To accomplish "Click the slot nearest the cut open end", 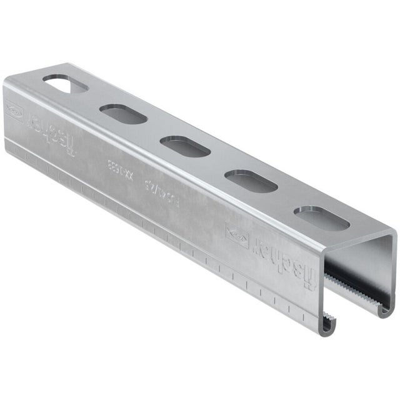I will [x=321, y=217].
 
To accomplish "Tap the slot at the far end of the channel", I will [x=65, y=84].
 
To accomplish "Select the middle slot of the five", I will [x=184, y=147].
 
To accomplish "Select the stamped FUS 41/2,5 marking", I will [x=151, y=187].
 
